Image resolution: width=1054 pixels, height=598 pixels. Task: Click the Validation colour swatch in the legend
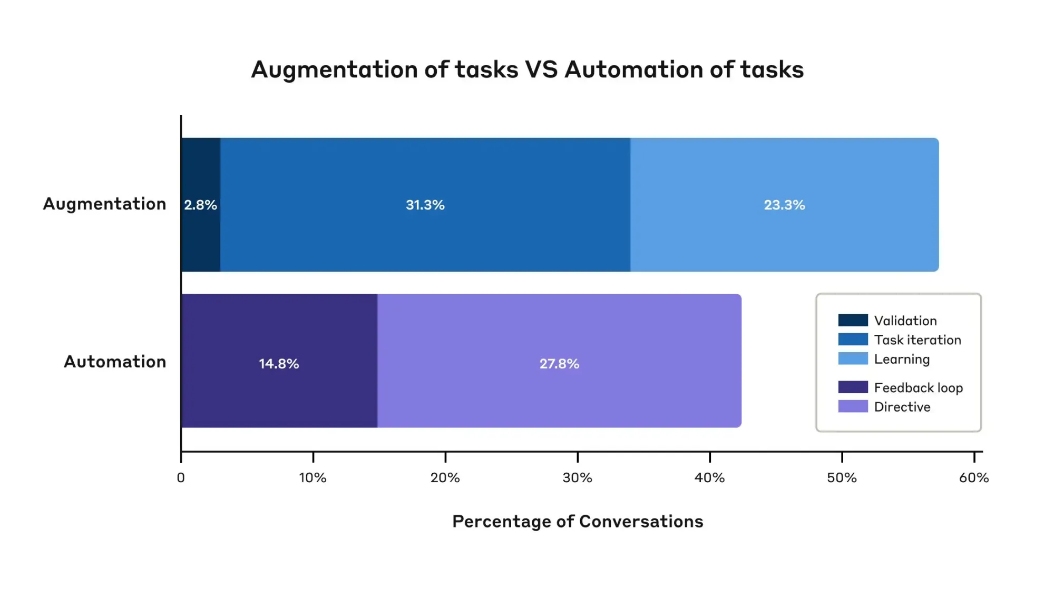(853, 320)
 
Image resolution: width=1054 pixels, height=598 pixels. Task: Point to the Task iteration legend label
(918, 340)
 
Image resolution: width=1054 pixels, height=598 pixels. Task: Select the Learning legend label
(902, 359)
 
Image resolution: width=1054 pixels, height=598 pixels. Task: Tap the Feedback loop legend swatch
(853, 387)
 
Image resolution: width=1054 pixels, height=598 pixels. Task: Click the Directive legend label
(902, 407)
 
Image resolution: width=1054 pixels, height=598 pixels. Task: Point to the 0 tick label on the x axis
(181, 478)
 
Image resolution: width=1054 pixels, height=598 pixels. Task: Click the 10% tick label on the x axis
(313, 478)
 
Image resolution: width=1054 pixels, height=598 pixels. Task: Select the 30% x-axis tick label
(577, 478)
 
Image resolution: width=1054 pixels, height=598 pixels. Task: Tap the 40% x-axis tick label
(709, 478)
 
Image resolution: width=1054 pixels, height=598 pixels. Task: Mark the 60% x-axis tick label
(974, 478)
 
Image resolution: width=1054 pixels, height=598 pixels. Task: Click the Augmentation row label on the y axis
(104, 204)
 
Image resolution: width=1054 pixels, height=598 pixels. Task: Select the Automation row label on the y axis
(115, 362)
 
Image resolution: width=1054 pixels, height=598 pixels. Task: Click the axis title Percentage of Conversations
(578, 521)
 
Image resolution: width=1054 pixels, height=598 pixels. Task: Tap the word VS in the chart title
(541, 69)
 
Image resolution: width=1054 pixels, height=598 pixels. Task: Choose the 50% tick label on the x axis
(842, 478)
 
